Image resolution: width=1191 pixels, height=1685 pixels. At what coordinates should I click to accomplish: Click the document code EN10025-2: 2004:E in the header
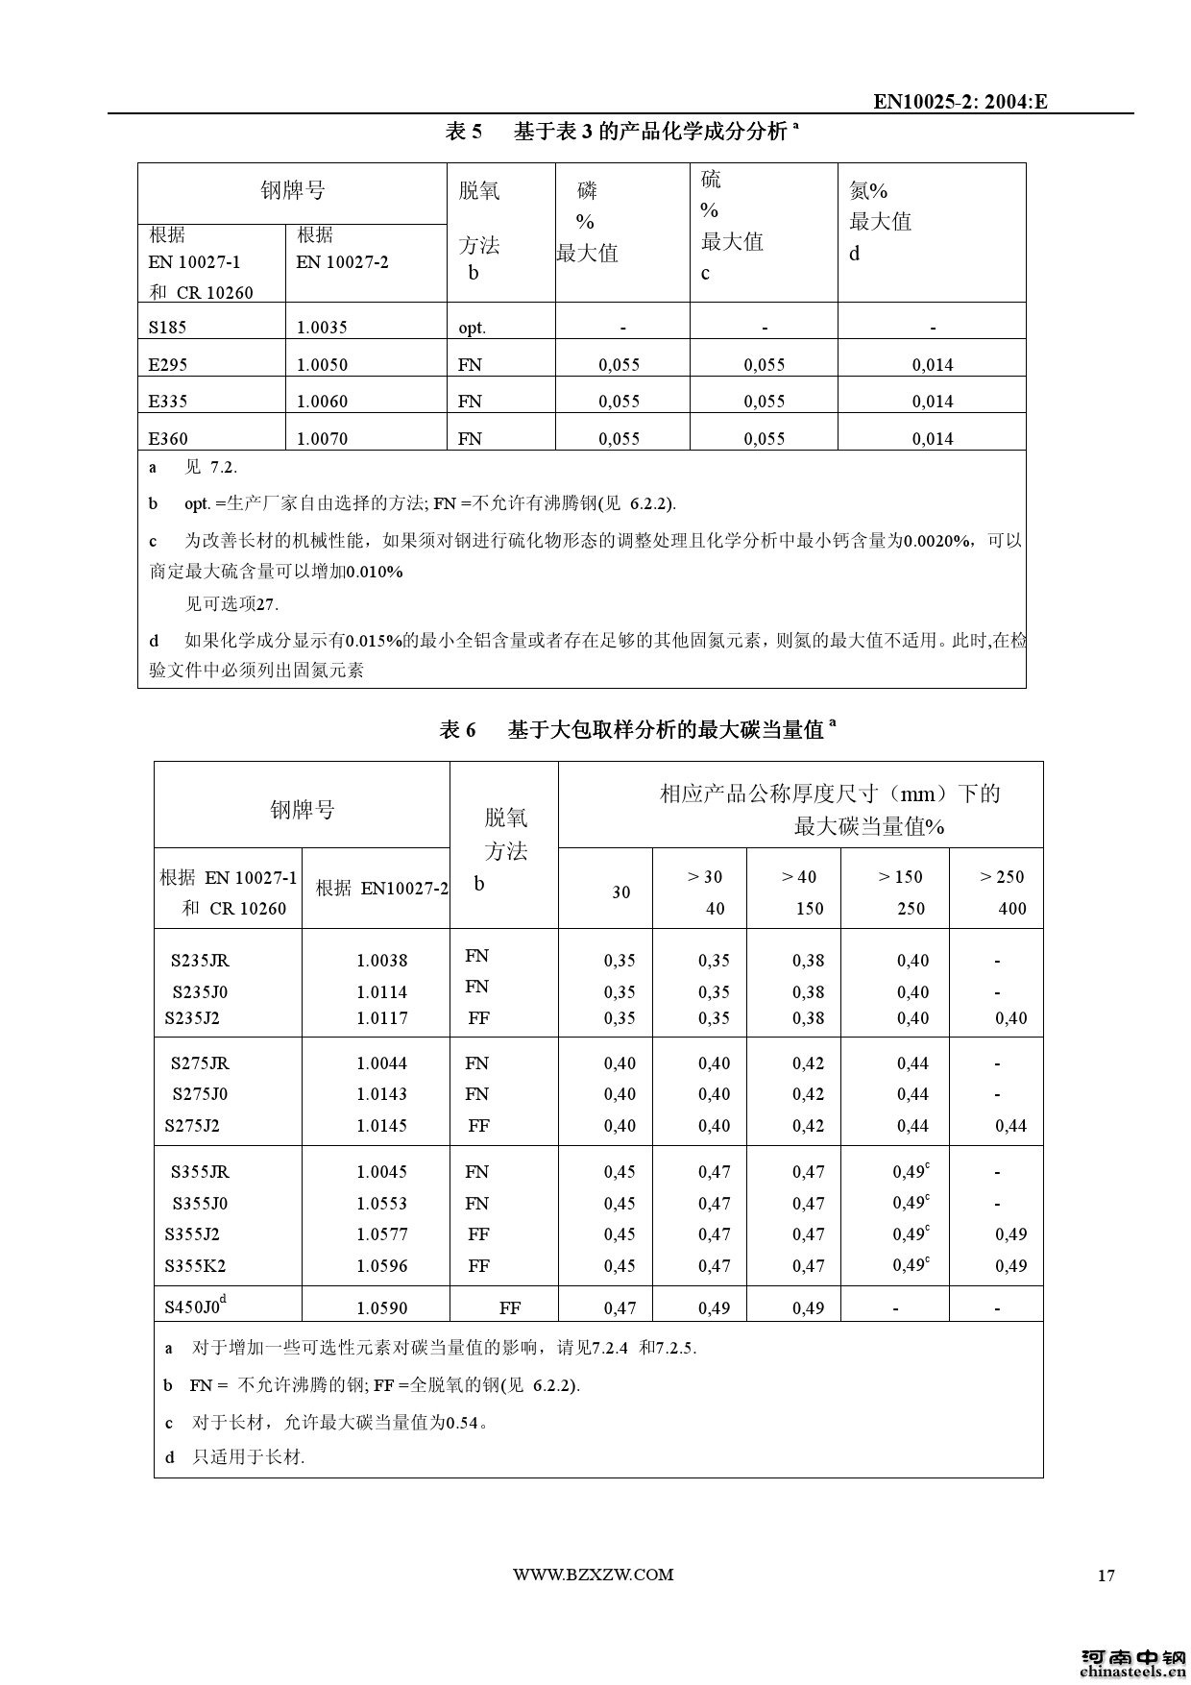[x=960, y=102]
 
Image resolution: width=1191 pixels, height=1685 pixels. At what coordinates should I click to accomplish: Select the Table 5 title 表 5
[x=464, y=132]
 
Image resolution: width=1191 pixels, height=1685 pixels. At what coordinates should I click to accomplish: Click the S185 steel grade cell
[x=167, y=328]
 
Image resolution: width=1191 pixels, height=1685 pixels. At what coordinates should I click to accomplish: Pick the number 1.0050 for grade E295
[x=322, y=365]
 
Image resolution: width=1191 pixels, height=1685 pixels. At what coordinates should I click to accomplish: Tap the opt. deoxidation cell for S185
[x=472, y=328]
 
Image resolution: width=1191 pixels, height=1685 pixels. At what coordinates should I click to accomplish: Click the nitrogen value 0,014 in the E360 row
[x=933, y=439]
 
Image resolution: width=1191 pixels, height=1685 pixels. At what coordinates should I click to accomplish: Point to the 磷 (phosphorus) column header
[x=587, y=191]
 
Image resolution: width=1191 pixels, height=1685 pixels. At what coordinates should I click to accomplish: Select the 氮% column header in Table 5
[x=868, y=191]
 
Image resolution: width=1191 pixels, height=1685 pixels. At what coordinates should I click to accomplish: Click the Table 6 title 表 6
[x=457, y=730]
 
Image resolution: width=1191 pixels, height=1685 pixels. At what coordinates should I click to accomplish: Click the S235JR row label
[x=200, y=961]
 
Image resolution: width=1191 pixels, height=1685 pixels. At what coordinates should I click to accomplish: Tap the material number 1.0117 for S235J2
[x=381, y=1018]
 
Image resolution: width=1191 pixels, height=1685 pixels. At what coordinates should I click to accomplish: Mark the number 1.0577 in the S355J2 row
[x=381, y=1234]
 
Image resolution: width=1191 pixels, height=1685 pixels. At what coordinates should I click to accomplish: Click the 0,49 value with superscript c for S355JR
[x=910, y=1172]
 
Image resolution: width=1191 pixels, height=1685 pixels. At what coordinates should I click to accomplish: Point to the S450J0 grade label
[x=194, y=1306]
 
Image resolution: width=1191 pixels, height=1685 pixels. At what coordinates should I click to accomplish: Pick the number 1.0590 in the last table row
[x=381, y=1308]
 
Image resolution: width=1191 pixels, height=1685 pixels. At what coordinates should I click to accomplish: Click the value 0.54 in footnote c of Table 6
[x=462, y=1423]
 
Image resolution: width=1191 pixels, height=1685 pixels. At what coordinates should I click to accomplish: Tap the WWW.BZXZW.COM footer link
[x=593, y=1575]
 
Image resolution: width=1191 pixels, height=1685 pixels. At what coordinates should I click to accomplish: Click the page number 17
[x=1106, y=1575]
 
